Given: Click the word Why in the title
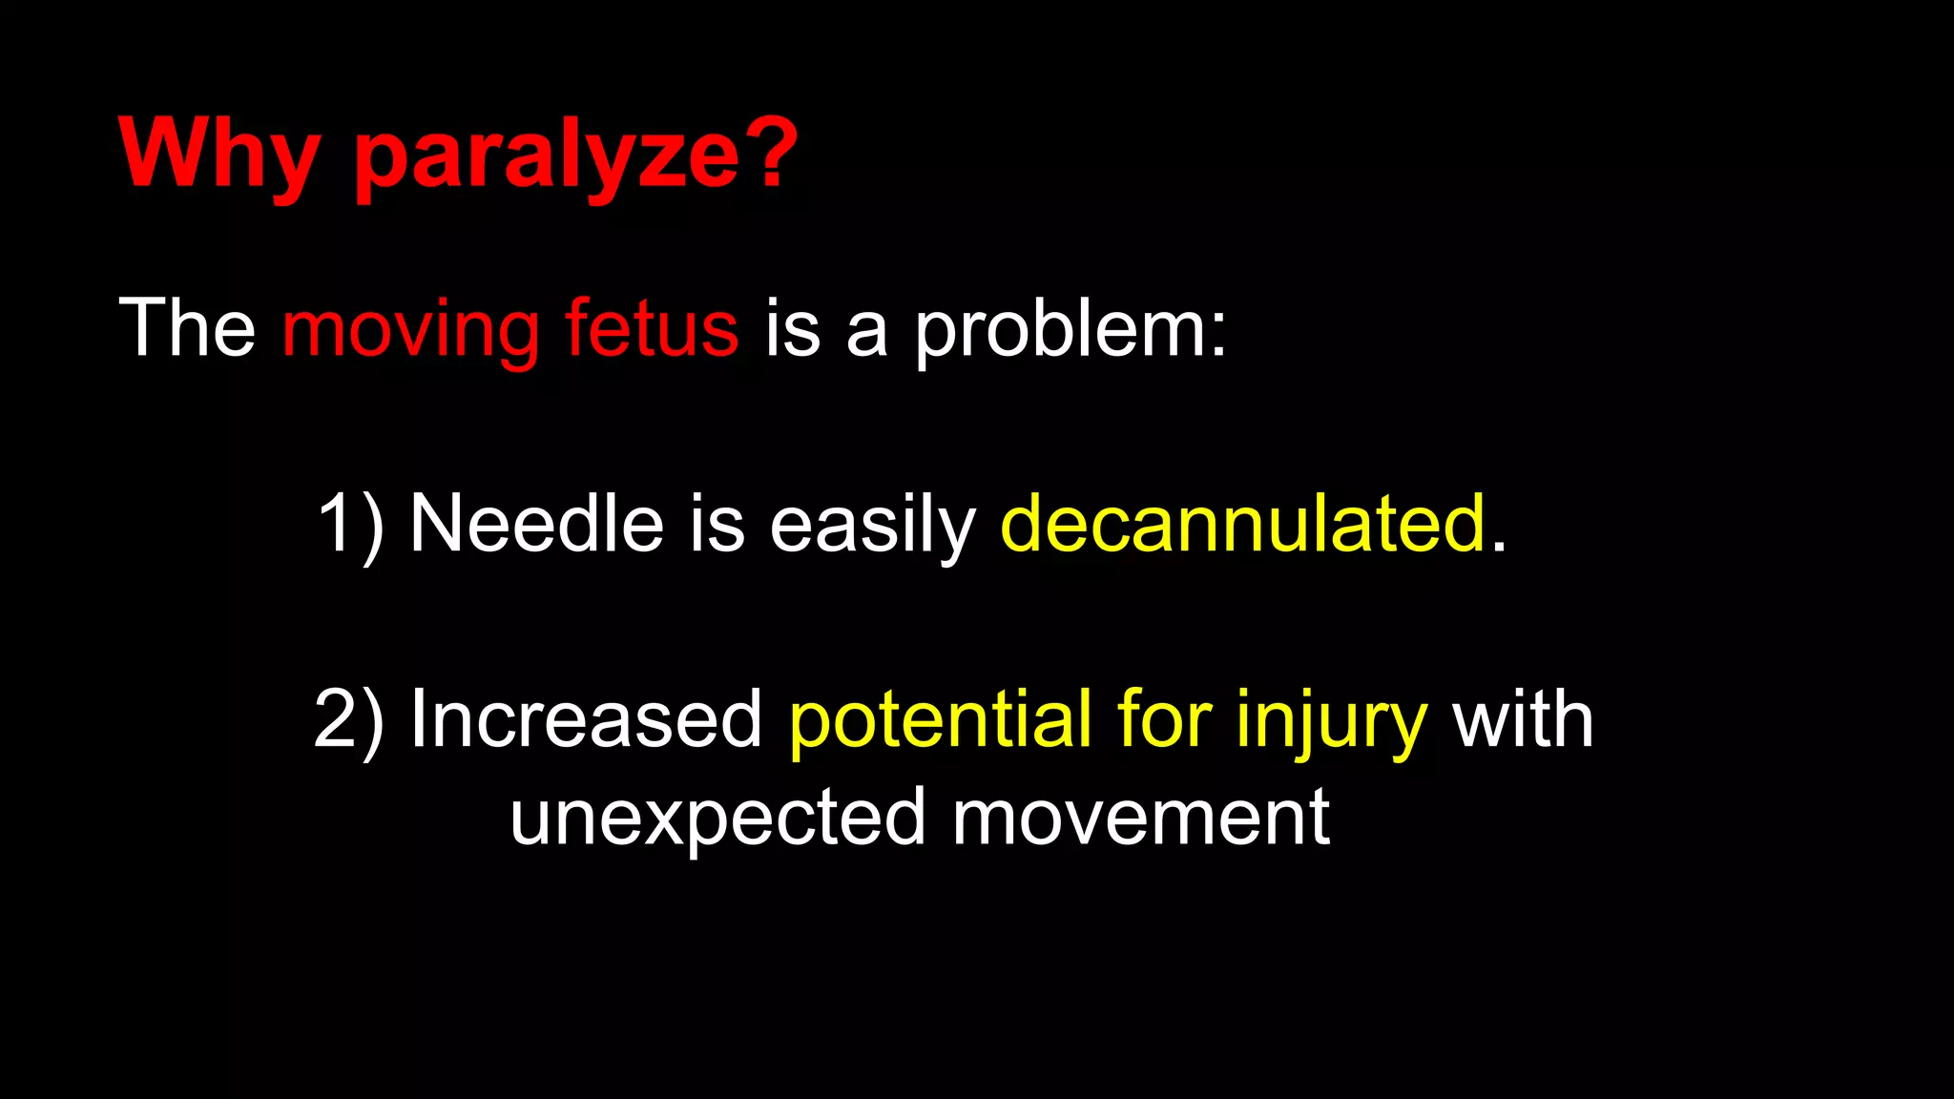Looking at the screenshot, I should (218, 155).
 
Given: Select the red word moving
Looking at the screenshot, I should (411, 329).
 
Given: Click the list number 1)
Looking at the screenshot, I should (349, 524).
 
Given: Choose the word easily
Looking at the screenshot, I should (872, 524).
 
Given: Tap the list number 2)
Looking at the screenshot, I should (349, 719).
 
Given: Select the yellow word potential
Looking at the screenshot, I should (940, 719).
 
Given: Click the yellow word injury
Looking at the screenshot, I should (1331, 719).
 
